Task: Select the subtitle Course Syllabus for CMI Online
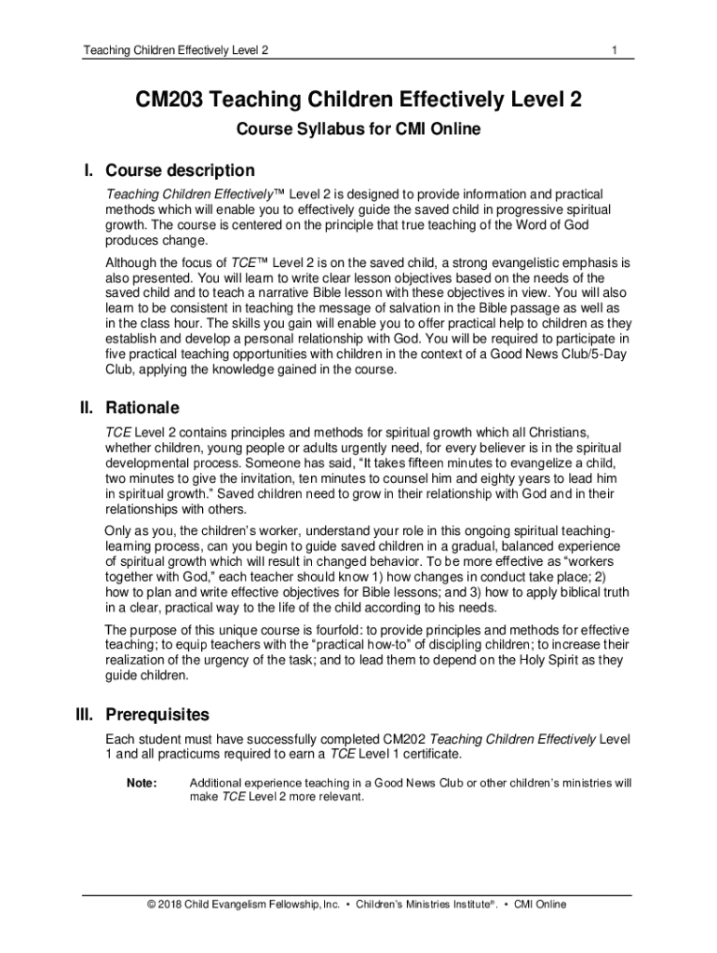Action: [358, 129]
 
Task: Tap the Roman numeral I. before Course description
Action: [89, 170]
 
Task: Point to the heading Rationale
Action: [142, 408]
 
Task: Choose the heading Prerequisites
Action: [157, 715]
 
